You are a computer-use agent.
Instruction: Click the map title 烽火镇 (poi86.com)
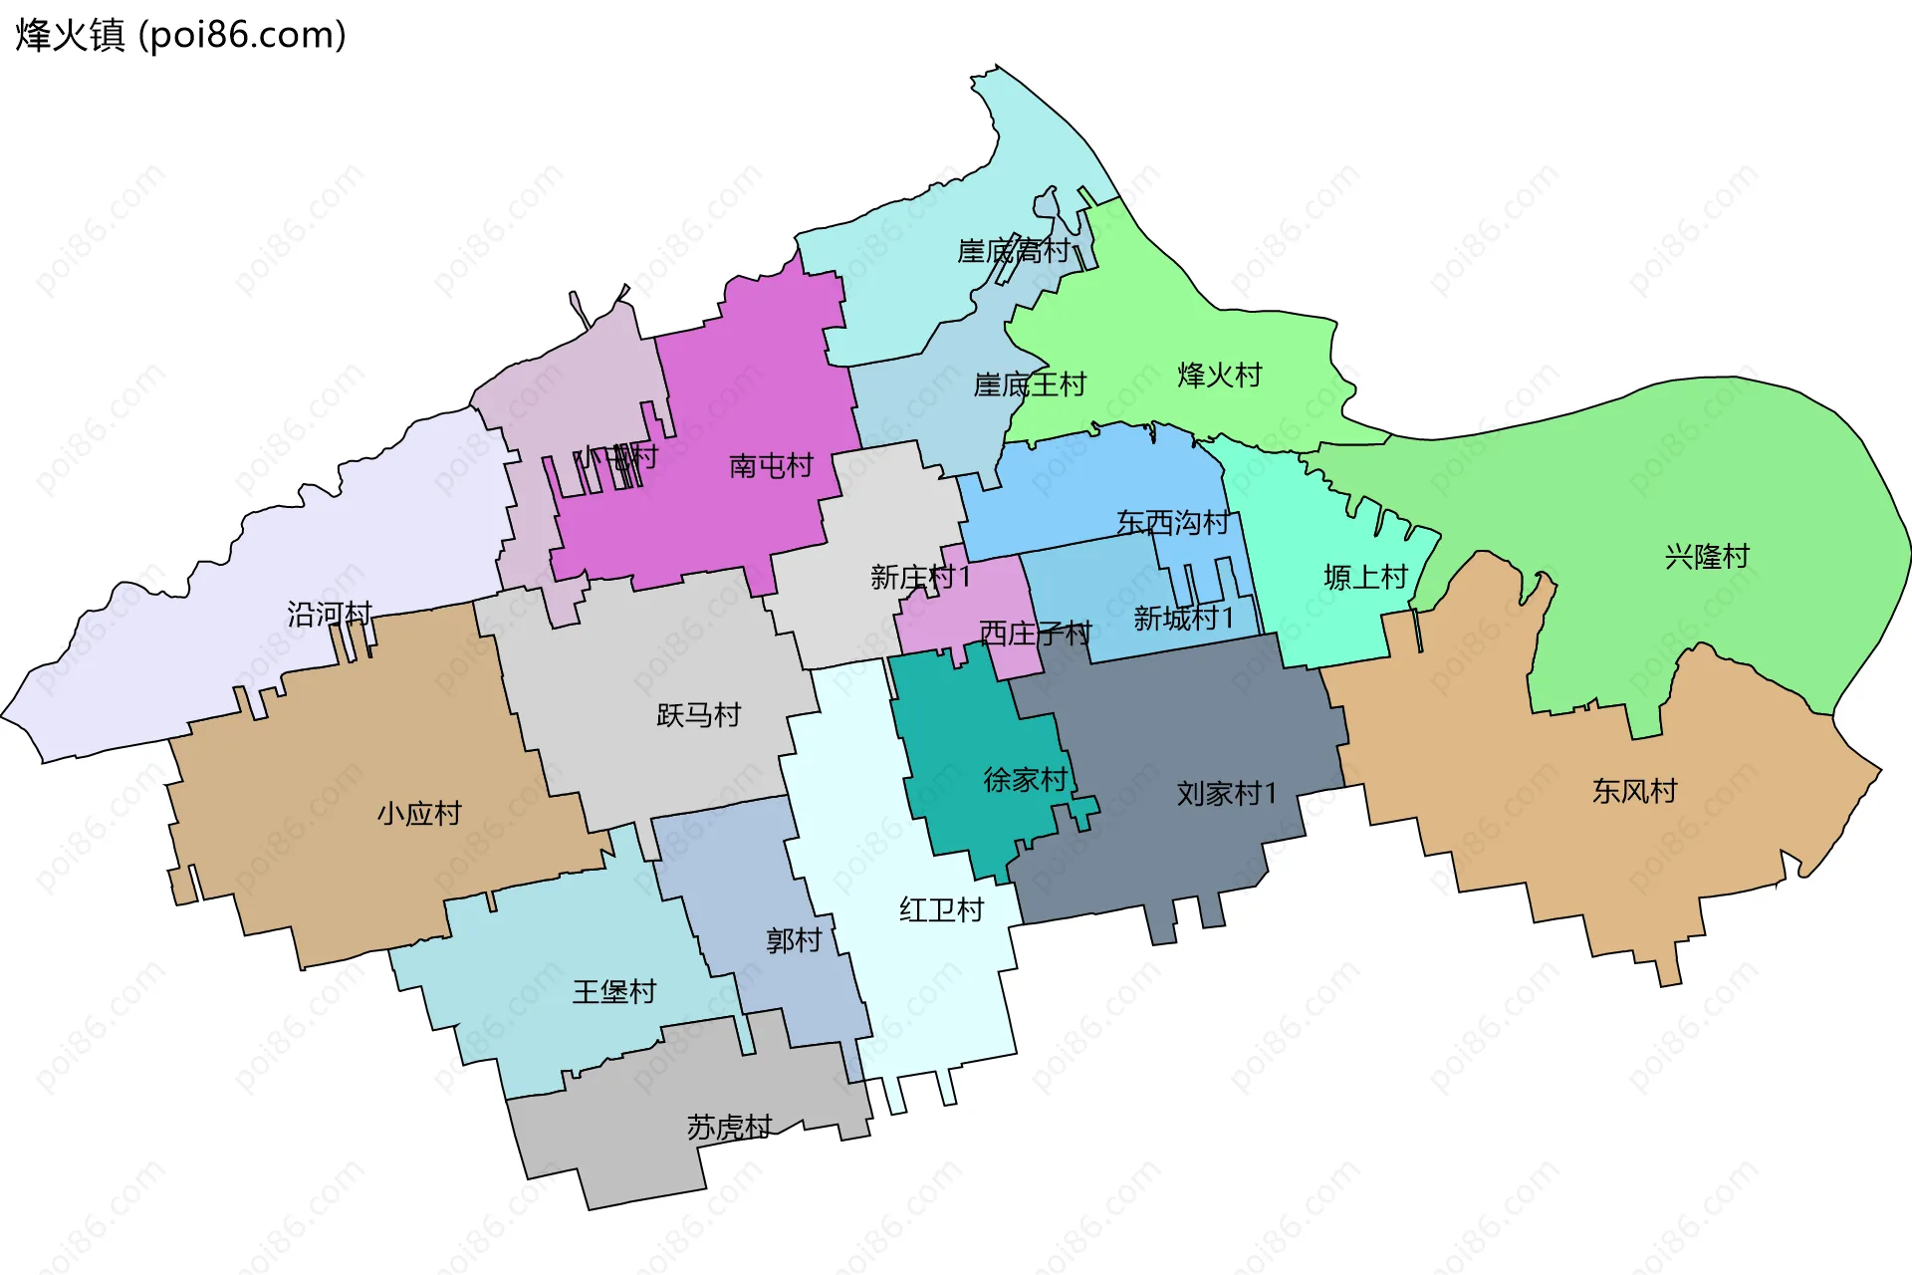(180, 35)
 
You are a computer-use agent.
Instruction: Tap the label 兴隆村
(1707, 557)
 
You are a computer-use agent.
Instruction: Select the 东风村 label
(1634, 791)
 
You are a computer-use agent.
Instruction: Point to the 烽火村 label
(1219, 376)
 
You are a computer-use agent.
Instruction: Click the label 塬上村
(1365, 577)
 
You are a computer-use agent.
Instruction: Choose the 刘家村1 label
(1226, 794)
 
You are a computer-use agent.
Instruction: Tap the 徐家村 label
(1025, 779)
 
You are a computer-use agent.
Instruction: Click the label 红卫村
(941, 909)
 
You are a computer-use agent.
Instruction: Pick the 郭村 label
(794, 940)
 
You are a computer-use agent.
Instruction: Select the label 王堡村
(614, 991)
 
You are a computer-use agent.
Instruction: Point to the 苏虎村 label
(729, 1127)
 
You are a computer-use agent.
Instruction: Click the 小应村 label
(419, 814)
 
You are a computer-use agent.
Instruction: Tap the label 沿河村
(330, 614)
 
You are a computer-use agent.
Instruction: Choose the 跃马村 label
(698, 715)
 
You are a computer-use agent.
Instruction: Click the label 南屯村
(771, 465)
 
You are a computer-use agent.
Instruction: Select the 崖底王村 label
(1029, 384)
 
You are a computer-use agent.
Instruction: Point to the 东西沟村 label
(1172, 522)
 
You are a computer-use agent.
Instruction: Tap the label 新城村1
(1183, 619)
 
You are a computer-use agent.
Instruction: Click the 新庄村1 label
(919, 577)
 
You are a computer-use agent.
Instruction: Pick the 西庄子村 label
(1035, 633)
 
